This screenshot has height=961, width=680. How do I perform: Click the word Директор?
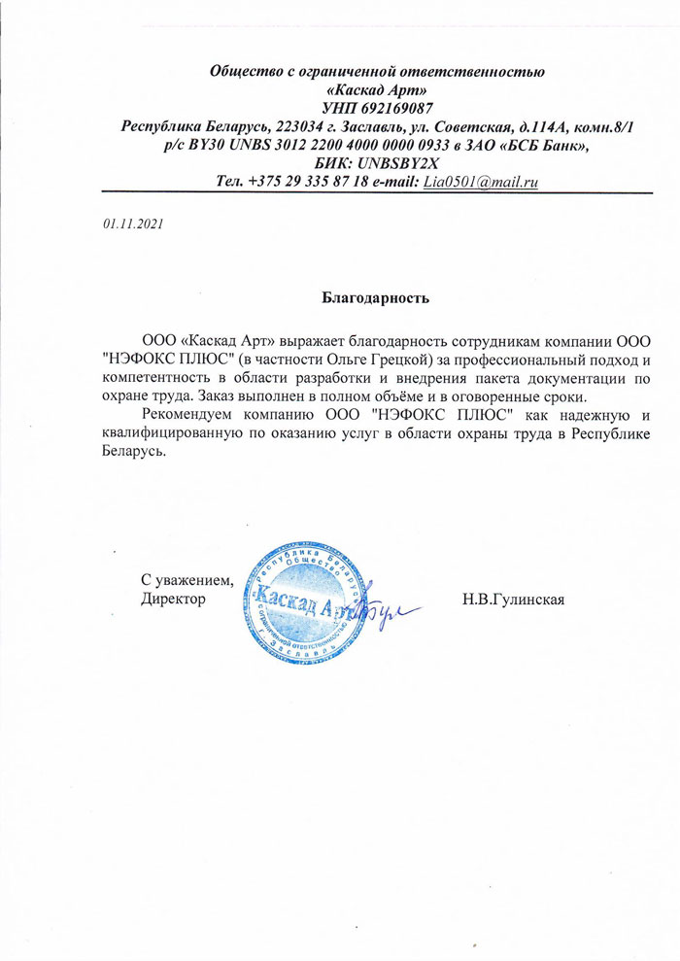pos(174,600)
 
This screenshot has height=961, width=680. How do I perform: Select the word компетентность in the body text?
pos(151,378)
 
